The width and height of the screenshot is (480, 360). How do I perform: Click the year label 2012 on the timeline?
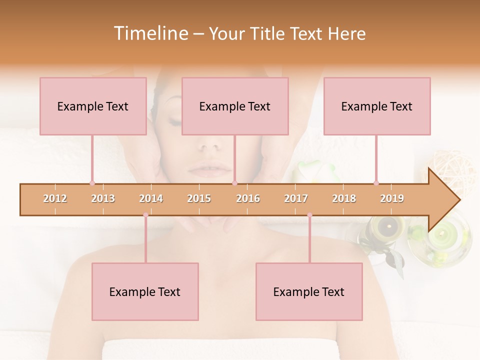pos(55,198)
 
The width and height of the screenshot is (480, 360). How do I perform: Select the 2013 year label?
pos(103,198)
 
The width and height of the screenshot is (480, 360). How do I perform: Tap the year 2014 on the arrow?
pos(151,198)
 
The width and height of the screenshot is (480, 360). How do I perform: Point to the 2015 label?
pos(199,198)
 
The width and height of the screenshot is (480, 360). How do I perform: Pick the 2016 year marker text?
pos(248,198)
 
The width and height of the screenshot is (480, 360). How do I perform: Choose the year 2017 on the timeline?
pos(296,198)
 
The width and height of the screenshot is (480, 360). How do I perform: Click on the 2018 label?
pos(344,198)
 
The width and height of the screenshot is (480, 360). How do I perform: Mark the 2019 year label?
pos(392,198)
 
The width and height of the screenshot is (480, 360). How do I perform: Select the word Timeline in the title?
pos(150,33)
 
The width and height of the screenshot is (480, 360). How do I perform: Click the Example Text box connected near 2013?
pos(93,106)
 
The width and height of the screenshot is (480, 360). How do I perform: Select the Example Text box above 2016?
pos(235,106)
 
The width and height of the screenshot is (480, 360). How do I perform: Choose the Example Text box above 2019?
pos(377,106)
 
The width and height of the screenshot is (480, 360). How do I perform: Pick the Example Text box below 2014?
pos(145,291)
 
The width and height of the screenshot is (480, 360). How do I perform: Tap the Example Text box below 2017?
pos(309,291)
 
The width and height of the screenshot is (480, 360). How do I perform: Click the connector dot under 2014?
pos(145,215)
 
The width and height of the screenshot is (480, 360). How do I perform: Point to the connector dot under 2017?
pos(309,215)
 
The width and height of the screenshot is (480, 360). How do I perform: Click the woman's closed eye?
pos(176,121)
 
